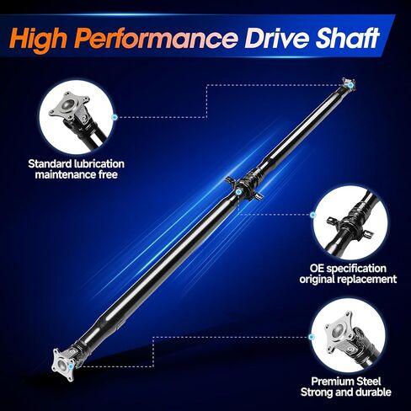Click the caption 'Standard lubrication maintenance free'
[x=77, y=169]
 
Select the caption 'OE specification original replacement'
[x=348, y=274]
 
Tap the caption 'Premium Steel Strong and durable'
[x=346, y=387]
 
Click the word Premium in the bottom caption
[x=329, y=382]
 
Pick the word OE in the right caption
[x=317, y=269]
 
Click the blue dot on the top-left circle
[x=115, y=117]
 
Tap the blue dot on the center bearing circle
[x=312, y=215]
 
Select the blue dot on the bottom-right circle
[x=311, y=337]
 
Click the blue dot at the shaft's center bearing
[x=238, y=192]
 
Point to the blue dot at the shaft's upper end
[x=350, y=85]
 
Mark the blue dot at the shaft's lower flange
[x=71, y=366]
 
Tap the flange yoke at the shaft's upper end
[x=349, y=84]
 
